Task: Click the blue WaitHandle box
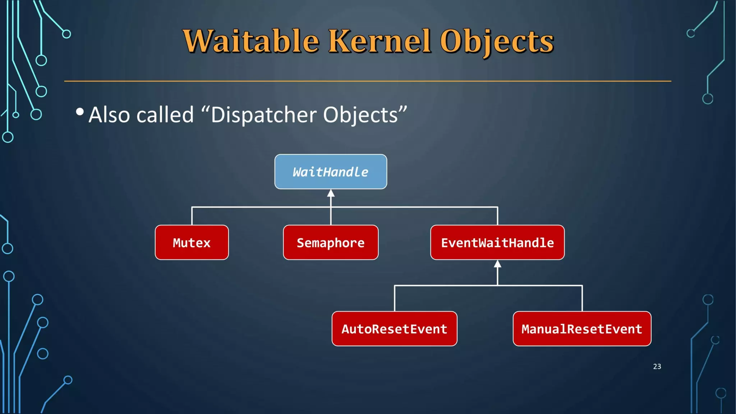(331, 172)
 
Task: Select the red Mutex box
(192, 243)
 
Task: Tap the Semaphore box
(331, 243)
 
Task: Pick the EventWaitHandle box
(497, 243)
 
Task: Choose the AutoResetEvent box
(394, 329)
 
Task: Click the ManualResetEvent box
(582, 329)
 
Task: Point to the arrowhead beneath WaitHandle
(331, 194)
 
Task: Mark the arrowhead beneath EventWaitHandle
(497, 264)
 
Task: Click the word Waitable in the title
(251, 41)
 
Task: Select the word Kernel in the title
(379, 41)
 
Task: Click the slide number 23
(657, 367)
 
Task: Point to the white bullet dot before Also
(80, 112)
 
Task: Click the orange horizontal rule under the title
(367, 81)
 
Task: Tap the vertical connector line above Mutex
(192, 216)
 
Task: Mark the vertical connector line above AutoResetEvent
(395, 299)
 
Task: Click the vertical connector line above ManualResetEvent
(582, 299)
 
